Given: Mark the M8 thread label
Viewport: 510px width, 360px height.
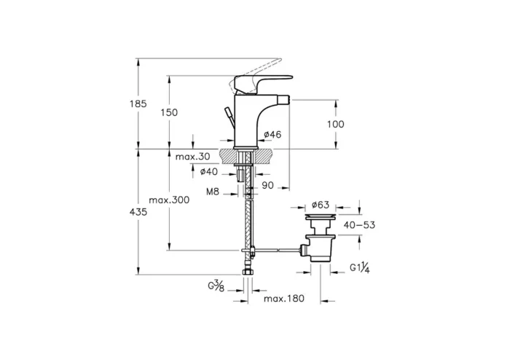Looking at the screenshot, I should (213, 192).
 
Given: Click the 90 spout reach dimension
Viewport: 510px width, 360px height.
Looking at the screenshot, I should (267, 187).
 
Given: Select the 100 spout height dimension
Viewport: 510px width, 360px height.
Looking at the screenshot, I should (335, 124).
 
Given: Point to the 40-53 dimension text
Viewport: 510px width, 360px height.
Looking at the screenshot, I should (359, 225).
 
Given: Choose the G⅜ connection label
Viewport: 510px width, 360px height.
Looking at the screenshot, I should (216, 285).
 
